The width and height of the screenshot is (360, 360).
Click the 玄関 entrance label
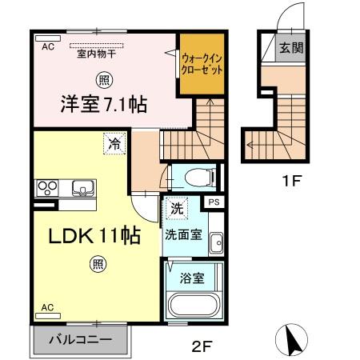290,48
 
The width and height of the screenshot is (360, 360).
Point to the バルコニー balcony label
81,340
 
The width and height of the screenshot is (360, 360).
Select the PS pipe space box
214,203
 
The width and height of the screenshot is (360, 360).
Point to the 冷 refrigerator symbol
117,146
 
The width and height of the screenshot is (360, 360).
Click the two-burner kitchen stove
47,189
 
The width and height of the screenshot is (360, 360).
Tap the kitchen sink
81,189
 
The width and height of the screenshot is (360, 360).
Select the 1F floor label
291,182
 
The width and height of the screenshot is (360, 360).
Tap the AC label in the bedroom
47,47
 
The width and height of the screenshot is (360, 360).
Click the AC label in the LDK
47,307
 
